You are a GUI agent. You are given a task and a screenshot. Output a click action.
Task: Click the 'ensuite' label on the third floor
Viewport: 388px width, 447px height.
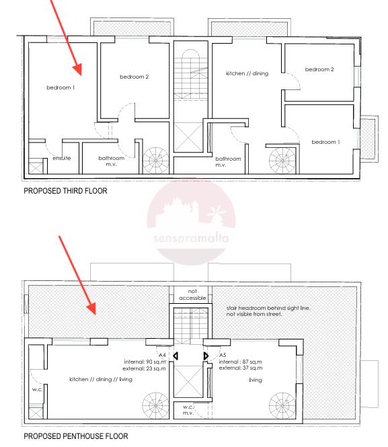coord(62,158)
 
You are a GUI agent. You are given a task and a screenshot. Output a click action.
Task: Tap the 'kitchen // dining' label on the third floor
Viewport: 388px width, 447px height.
coord(247,73)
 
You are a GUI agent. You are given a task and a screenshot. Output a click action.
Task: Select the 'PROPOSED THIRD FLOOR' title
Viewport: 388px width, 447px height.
coord(65,191)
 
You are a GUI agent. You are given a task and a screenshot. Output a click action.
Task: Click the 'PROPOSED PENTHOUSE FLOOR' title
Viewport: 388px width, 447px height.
coord(76,436)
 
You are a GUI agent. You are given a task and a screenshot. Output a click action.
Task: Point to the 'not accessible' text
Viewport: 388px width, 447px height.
coord(192,294)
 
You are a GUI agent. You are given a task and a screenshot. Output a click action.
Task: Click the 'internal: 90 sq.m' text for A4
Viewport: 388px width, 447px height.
coord(145,362)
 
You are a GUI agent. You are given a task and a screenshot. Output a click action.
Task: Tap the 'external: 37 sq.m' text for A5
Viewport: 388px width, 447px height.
coord(241,368)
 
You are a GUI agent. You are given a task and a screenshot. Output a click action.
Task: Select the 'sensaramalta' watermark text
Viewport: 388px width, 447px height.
coord(191,238)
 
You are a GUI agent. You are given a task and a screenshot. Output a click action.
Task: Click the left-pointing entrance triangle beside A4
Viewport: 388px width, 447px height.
coord(176,356)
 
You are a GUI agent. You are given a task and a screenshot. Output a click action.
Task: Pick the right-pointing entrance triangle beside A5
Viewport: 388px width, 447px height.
coord(206,356)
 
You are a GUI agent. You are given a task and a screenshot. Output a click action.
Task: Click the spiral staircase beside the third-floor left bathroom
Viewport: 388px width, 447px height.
coord(155,161)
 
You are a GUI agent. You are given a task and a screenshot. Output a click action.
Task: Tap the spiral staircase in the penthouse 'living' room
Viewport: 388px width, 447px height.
coord(282,406)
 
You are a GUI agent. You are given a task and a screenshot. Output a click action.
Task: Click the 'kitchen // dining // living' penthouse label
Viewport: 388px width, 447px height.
coord(101,379)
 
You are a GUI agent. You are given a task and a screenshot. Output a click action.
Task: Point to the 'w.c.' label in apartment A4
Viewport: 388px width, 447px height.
coord(38,389)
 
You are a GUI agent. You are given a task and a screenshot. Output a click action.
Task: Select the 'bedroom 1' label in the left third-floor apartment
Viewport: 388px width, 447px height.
coord(61,87)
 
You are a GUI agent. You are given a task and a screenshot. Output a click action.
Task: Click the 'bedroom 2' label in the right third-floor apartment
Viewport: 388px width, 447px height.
coord(319,69)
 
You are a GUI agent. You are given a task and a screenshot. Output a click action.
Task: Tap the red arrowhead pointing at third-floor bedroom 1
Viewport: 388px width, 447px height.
coord(77,69)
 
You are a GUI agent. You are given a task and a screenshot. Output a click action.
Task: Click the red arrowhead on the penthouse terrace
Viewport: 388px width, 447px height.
coord(91,309)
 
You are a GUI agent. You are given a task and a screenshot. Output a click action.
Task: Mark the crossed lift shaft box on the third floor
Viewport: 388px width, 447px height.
coord(188,137)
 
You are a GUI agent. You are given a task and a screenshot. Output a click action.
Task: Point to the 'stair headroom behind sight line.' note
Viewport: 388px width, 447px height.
coord(268,308)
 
